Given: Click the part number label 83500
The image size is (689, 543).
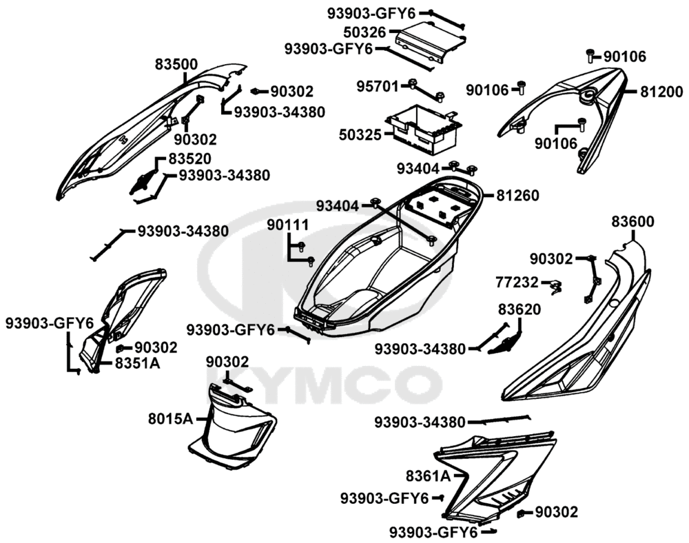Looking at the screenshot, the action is pos(176,65).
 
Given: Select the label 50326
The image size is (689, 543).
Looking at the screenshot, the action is pos(364,32).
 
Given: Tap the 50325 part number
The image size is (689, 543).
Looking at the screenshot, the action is pos(360,134).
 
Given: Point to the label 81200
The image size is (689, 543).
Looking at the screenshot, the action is pos(661,92).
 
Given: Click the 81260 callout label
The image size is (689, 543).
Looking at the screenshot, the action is pos(517,195).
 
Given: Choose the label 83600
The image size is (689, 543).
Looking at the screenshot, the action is pos(633,222).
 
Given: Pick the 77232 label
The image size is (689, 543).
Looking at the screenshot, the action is pos(517,282).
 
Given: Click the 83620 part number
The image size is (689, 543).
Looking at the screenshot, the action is pos(520,309).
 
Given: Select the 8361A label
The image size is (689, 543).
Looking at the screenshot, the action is pos(428,475).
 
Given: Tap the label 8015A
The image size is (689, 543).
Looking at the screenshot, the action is pos(170,419).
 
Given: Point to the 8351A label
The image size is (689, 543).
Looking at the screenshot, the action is pos(138,363).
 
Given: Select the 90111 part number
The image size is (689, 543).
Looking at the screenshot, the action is pos(288,225).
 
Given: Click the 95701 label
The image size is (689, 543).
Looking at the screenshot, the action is pos(377,86).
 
